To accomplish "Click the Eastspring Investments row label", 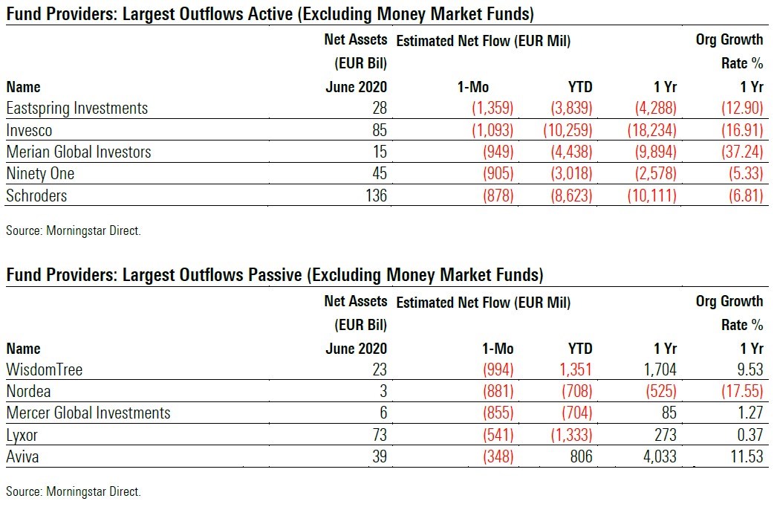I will point(77,109).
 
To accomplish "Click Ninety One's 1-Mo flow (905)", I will point(492,174).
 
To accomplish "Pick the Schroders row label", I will point(36,196).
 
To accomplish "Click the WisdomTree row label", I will point(44,369).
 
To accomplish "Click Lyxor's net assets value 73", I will point(379,435).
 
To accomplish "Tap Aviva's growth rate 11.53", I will point(745,456).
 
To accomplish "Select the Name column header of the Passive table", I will point(23,349).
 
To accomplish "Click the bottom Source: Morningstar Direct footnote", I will point(73,491).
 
